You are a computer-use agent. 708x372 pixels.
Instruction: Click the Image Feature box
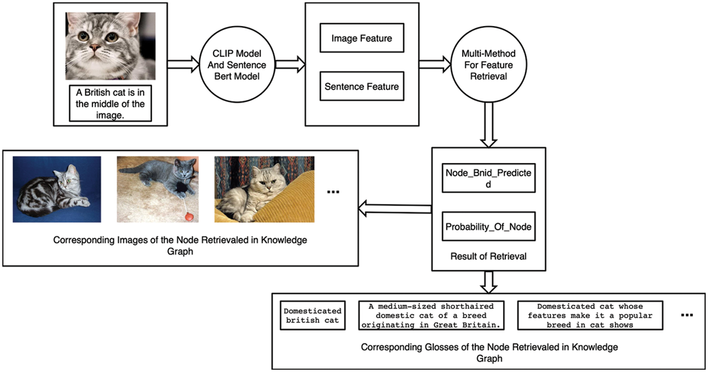362,38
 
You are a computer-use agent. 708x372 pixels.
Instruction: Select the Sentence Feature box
362,86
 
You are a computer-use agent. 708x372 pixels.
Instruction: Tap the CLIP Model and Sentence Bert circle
237,65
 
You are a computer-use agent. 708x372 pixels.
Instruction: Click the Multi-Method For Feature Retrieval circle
488,65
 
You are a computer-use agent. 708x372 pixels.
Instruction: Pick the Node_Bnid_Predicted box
488,178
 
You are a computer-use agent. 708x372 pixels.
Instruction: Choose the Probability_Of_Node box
488,227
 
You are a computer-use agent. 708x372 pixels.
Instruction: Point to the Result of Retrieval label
488,256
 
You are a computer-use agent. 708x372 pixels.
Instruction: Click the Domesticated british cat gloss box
312,315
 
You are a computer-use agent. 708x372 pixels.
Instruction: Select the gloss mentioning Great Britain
431,315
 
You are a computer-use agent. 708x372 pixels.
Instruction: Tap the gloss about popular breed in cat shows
590,315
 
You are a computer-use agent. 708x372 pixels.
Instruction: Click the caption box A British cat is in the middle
110,103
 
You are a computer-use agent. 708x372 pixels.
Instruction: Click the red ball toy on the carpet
190,217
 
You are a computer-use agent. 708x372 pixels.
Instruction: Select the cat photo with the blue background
57,189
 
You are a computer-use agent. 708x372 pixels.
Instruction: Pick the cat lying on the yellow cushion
264,189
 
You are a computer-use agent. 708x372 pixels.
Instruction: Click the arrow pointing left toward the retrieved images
394,208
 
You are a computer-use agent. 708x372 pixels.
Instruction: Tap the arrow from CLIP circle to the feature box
290,64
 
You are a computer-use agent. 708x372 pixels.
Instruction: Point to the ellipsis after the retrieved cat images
333,192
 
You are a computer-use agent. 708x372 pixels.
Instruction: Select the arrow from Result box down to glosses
488,282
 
